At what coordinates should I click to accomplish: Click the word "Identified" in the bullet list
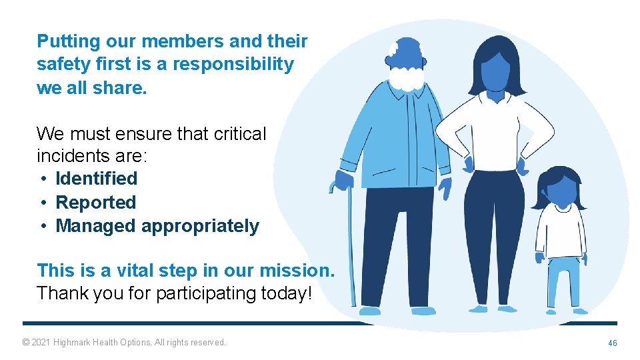pos(96,179)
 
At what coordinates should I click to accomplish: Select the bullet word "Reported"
pos(95,202)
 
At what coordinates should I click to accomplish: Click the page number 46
pos(612,343)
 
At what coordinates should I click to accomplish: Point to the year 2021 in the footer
pos(43,343)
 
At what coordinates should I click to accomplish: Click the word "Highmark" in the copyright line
pos(73,343)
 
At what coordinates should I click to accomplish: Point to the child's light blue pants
pos(563,280)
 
